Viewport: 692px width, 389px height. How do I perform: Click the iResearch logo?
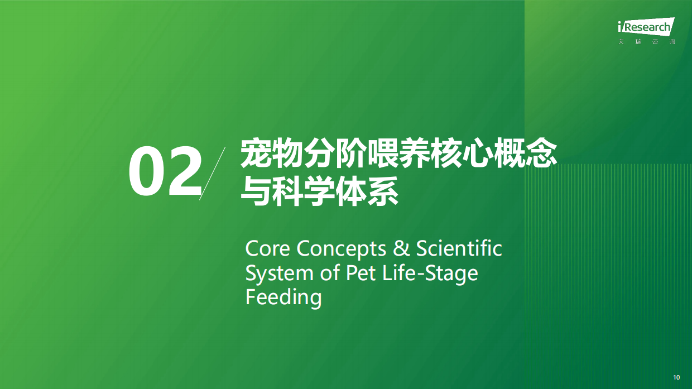[x=646, y=31]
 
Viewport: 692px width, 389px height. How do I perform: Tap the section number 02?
[x=165, y=172]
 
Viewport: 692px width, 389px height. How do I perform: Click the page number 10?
[x=676, y=377]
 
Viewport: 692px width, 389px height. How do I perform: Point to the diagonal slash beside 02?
[x=212, y=173]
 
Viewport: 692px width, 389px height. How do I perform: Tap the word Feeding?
[x=283, y=297]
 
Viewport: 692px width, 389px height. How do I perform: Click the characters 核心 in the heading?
[x=463, y=153]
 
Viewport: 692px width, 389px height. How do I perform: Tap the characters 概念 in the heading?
[x=526, y=153]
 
